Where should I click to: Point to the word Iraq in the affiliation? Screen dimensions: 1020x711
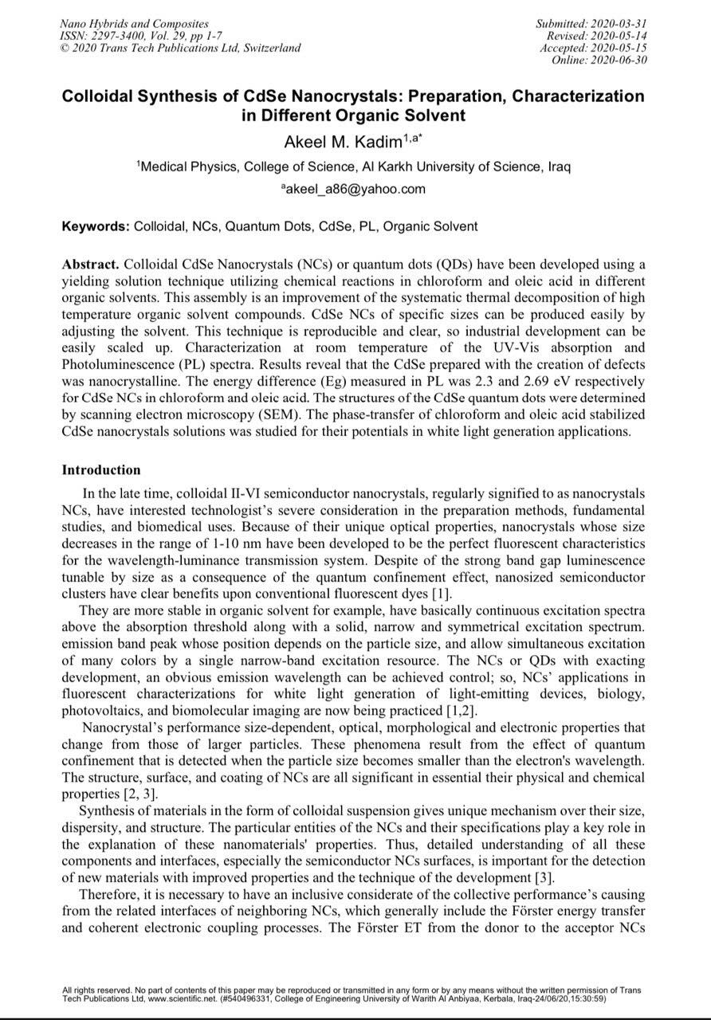557,167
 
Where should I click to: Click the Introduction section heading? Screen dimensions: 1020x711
101,470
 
